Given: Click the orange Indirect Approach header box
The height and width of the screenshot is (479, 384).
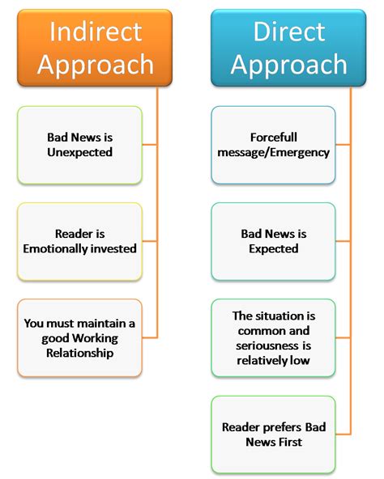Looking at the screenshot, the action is pyautogui.click(x=95, y=48).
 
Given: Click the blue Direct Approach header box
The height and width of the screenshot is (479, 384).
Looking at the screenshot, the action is pyautogui.click(x=288, y=48).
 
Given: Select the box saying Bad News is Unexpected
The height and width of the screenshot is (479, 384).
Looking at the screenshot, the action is pyautogui.click(x=80, y=145).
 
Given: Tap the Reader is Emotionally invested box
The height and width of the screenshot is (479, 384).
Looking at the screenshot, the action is pyautogui.click(x=80, y=242).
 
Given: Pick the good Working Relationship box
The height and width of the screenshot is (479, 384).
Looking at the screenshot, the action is pyautogui.click(x=80, y=338).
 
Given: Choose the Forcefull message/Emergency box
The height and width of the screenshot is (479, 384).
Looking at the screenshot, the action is pyautogui.click(x=274, y=145).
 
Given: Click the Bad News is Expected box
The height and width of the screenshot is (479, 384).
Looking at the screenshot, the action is pyautogui.click(x=274, y=242).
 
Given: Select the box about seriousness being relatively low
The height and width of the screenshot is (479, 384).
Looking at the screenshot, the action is pyautogui.click(x=274, y=338).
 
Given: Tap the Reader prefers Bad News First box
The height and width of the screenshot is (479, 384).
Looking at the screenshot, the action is pyautogui.click(x=274, y=434).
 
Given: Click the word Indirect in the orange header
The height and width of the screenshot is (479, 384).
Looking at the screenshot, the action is pyautogui.click(x=96, y=32).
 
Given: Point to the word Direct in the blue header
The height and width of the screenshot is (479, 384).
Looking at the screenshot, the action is pyautogui.click(x=289, y=32).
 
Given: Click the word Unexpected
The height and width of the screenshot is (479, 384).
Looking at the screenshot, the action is pyautogui.click(x=80, y=152).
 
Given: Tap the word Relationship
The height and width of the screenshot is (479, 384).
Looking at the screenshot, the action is pyautogui.click(x=80, y=353).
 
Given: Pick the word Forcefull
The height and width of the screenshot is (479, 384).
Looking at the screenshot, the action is pyautogui.click(x=274, y=138).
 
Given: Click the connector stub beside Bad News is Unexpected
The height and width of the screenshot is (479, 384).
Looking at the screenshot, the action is pyautogui.click(x=150, y=145).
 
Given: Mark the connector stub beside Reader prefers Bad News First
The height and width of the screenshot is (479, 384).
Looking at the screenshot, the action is pyautogui.click(x=343, y=434).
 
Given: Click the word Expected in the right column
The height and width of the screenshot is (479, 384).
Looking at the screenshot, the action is pyautogui.click(x=274, y=248).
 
